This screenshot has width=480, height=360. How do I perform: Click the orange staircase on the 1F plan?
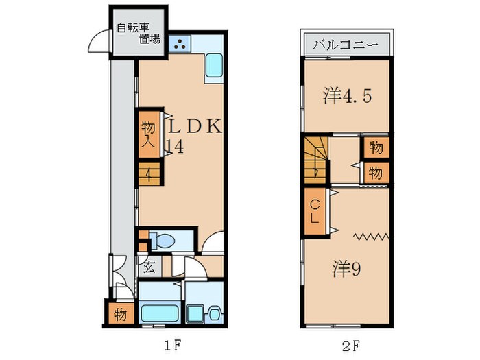[148, 174]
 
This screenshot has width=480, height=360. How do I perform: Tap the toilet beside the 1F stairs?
[165, 241]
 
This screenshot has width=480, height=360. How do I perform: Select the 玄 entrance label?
[149, 266]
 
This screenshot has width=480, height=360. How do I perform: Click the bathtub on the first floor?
[159, 312]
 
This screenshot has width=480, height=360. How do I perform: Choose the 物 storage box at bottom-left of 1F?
[119, 315]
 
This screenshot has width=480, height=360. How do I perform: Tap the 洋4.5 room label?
[348, 97]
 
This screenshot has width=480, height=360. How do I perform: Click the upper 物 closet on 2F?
[375, 147]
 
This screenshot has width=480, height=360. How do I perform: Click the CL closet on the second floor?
[315, 213]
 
